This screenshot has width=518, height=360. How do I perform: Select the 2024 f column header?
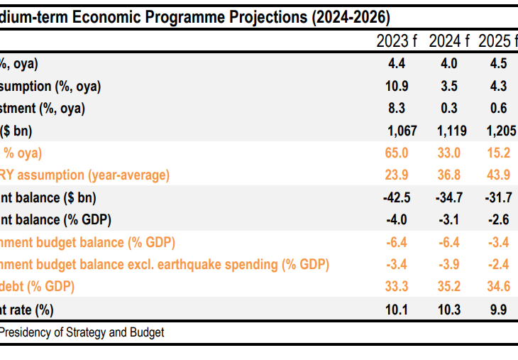point(448,41)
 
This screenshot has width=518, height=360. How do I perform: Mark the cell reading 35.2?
point(448,287)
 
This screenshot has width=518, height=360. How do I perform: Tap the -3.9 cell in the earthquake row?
point(448,265)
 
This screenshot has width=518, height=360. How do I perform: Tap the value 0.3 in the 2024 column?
point(448,109)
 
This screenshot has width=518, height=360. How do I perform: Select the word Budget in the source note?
point(146,332)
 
